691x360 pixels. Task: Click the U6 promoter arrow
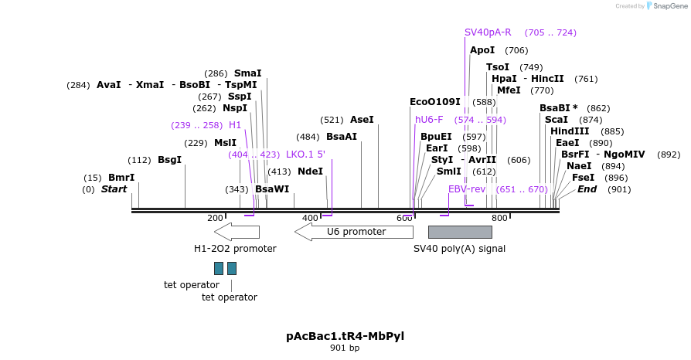pos(354,232)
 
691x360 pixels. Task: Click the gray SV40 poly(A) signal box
pos(460,232)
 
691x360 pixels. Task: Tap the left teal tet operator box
pos(219,268)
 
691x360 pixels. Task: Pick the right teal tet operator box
pos(232,268)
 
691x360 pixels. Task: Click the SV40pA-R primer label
pos(488,32)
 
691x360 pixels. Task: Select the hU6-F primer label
pos(429,120)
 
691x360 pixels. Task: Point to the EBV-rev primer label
pos(467,189)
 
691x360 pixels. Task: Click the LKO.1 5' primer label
pos(305,155)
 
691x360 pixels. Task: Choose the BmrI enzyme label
pos(121,178)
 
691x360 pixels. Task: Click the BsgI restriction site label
pos(169,160)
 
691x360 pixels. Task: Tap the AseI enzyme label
pos(362,120)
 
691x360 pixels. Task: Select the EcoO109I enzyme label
pos(434,102)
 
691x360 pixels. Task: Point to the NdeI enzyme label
pos(310,172)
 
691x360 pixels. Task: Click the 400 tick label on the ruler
pos(310,218)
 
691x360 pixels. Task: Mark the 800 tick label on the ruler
pos(499,218)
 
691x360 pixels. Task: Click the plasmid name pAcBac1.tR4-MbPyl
pos(345,336)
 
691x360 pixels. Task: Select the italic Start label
pos(114,189)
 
